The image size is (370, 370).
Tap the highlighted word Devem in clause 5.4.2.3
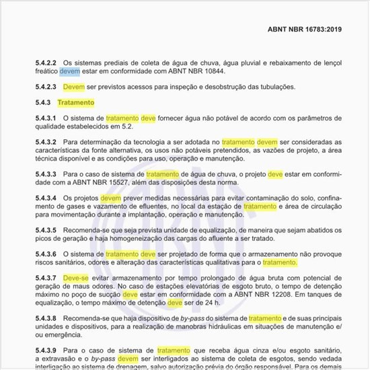coord(75,87)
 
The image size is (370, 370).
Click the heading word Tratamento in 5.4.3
coord(76,103)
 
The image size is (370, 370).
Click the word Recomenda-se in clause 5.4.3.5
coord(85,230)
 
